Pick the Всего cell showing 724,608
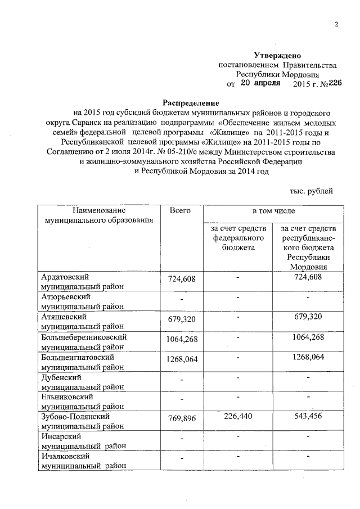182,280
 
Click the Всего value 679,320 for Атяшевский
182,320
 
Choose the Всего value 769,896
182,418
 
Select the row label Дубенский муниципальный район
82,382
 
